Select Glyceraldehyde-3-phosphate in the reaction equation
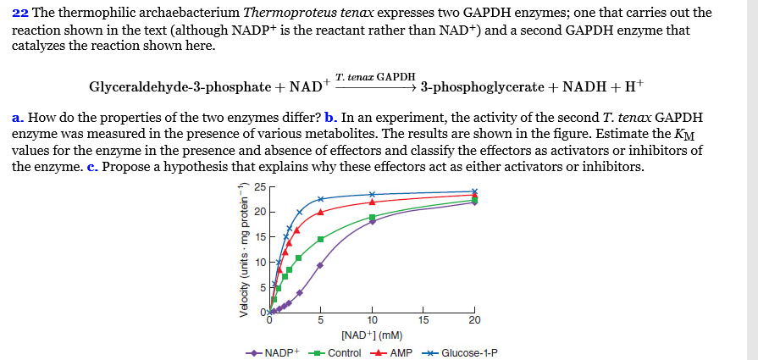pyautogui.click(x=179, y=87)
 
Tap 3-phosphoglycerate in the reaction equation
pyautogui.click(x=481, y=87)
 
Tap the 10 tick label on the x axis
pyautogui.click(x=372, y=320)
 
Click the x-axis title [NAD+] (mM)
pyautogui.click(x=372, y=335)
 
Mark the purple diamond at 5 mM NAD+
pyautogui.click(x=320, y=265)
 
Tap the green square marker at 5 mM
pyautogui.click(x=320, y=239)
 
